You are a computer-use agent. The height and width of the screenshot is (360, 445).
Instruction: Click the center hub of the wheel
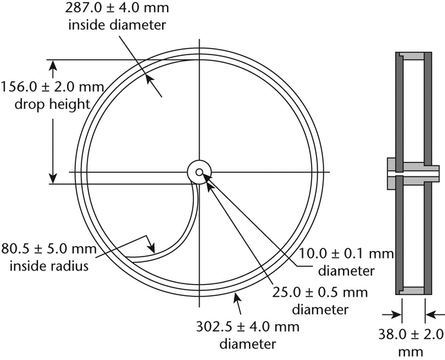199,172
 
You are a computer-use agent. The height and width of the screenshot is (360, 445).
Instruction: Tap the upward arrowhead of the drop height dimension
50,66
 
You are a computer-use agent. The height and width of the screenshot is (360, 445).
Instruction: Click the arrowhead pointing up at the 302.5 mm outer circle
238,297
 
